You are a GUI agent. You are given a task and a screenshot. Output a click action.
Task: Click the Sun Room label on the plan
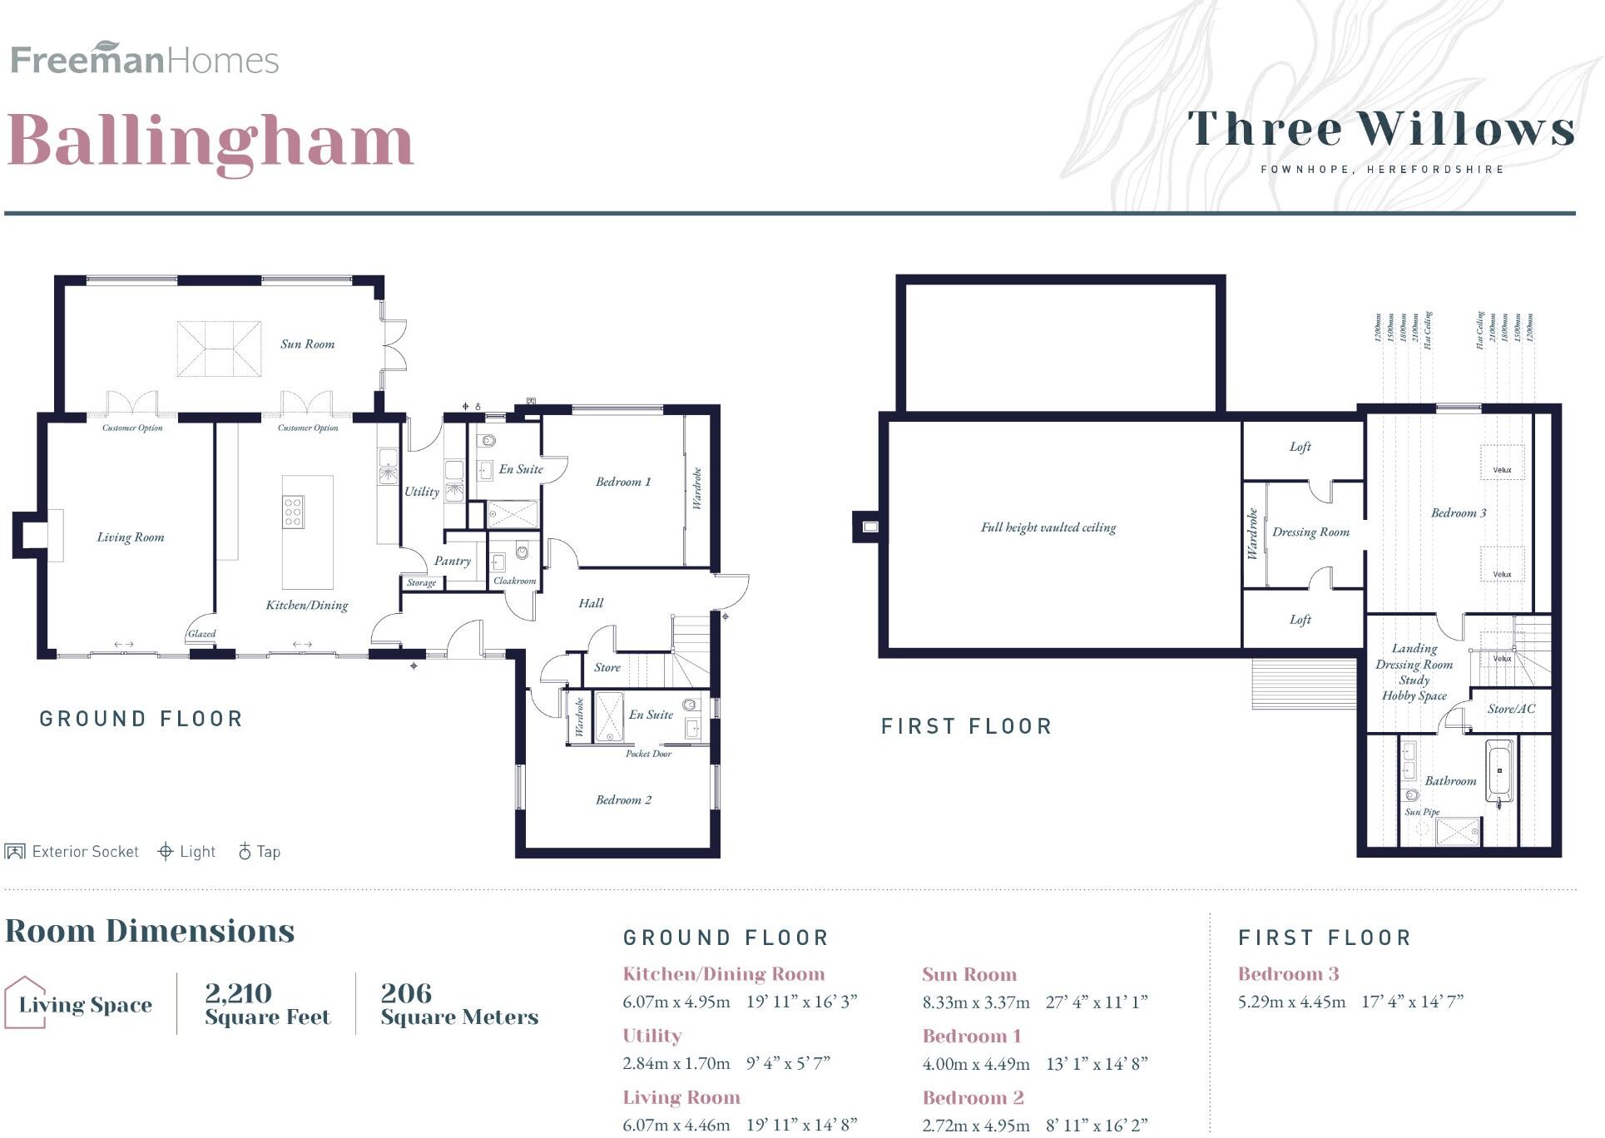click(x=307, y=344)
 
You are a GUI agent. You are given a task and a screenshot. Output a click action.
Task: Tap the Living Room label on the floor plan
click(x=131, y=537)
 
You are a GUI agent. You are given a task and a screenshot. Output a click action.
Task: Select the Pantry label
click(x=452, y=561)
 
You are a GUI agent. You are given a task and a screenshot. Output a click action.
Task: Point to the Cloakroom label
click(x=514, y=581)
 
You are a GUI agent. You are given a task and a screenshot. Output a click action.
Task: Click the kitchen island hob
click(x=293, y=512)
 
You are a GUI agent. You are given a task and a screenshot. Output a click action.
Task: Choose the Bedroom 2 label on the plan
click(x=623, y=800)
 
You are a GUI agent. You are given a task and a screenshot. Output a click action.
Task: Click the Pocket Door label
click(x=648, y=754)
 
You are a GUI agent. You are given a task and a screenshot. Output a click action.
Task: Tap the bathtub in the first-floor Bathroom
click(x=1498, y=774)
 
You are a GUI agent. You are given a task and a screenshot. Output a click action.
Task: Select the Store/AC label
click(x=1511, y=709)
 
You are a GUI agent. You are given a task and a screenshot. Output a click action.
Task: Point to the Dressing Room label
click(x=1310, y=532)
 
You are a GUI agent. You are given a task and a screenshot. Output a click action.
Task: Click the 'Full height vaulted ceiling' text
click(x=1048, y=527)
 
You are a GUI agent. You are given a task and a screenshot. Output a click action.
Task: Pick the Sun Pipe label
click(x=1421, y=812)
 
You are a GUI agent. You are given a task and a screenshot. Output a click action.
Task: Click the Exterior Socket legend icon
click(x=14, y=852)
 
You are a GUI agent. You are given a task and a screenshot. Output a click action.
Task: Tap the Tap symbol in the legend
click(x=245, y=851)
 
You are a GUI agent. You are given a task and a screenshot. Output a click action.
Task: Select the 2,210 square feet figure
click(x=238, y=993)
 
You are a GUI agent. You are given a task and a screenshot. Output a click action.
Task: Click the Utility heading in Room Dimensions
click(x=651, y=1036)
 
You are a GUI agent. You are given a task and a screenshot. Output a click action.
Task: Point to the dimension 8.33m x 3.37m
click(x=975, y=1002)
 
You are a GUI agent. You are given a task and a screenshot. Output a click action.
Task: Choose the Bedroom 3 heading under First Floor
click(x=1288, y=974)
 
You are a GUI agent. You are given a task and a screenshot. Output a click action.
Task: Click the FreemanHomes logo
click(x=144, y=59)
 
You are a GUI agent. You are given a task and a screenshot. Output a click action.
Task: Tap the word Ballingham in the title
click(x=211, y=141)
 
